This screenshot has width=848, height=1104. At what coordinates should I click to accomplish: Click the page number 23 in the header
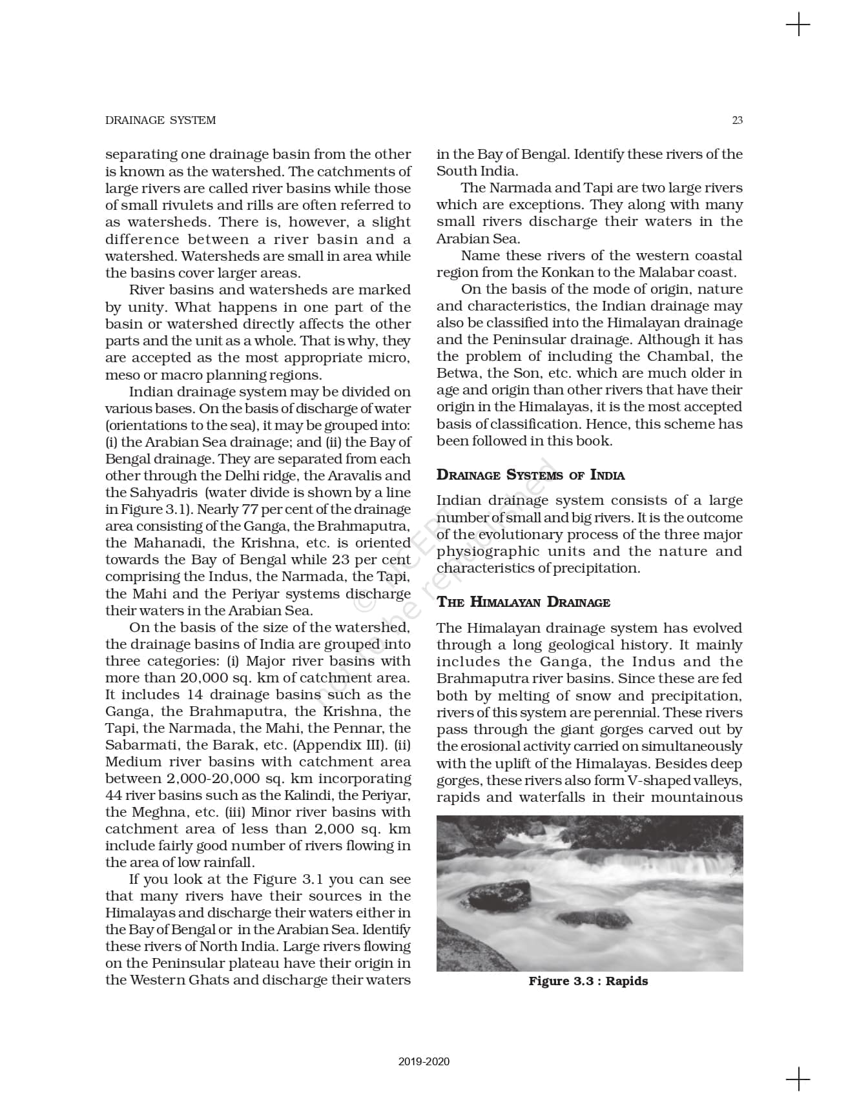(x=737, y=120)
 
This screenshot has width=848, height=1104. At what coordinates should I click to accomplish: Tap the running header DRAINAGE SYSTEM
(x=160, y=120)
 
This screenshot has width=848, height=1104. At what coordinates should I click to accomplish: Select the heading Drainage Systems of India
(x=530, y=475)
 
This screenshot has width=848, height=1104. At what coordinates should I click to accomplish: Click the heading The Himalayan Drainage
(x=523, y=602)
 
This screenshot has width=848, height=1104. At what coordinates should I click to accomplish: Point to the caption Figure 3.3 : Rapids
(x=588, y=981)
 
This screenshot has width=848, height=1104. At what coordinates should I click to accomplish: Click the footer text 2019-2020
(x=424, y=1061)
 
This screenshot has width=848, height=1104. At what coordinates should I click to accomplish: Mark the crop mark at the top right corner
(x=798, y=25)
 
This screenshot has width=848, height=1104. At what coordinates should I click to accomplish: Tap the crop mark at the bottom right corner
(x=798, y=1079)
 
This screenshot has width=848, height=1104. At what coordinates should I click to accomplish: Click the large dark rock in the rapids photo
(x=498, y=894)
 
